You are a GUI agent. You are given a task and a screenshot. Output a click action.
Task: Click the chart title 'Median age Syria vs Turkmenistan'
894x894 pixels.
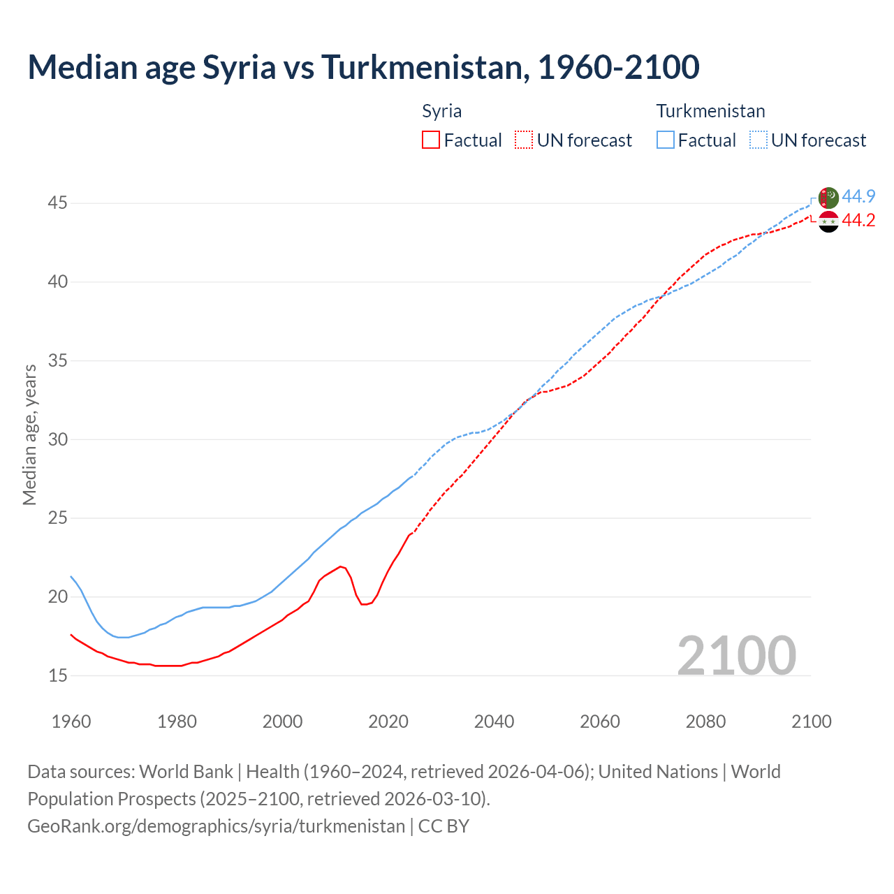pos(363,67)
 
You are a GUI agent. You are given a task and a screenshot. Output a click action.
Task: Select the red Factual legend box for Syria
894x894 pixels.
pos(431,140)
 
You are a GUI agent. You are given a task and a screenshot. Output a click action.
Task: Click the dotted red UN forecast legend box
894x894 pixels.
pos(524,140)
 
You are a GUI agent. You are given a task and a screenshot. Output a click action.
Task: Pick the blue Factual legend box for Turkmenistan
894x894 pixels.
pos(666,140)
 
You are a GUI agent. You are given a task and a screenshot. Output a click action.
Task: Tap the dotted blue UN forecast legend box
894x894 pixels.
pos(758,140)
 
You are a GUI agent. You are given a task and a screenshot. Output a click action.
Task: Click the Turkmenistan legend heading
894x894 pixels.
pos(710,111)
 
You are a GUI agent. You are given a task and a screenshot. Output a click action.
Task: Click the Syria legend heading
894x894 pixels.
pos(441,111)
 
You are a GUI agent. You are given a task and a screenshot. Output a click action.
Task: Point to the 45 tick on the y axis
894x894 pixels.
pos(57,203)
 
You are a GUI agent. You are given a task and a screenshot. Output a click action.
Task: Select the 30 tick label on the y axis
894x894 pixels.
pos(57,439)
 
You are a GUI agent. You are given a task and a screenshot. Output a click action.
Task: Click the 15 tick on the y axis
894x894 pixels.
pos(57,675)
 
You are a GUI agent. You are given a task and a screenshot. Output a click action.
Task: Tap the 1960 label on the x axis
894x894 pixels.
pos(71,721)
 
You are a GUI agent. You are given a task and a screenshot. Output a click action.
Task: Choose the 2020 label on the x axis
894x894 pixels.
pos(388,721)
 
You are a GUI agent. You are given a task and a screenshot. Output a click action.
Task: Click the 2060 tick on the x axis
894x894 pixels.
pos(600,721)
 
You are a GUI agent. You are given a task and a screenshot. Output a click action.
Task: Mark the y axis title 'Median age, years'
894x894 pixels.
pos(29,434)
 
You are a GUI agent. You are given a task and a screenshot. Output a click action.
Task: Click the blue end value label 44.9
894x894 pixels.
pos(858,196)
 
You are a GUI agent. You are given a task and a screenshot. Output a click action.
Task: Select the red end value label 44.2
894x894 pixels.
pos(858,220)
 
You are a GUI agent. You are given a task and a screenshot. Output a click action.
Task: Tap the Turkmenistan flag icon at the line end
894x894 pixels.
pos(828,198)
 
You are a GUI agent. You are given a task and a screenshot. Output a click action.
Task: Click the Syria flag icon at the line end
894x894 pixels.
pos(828,221)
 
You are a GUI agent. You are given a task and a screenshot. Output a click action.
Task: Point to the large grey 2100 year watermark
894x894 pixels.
pos(736,655)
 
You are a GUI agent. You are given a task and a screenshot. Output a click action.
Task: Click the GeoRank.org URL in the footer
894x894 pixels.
pos(216,826)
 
